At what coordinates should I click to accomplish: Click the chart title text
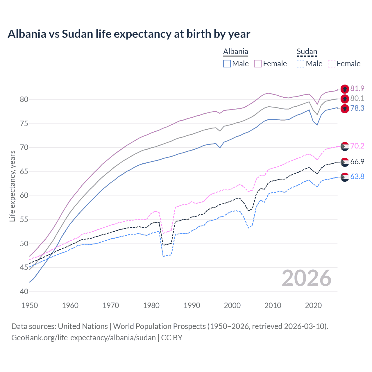point(129,34)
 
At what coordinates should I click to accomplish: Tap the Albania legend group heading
point(235,52)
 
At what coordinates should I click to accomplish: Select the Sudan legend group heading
point(307,52)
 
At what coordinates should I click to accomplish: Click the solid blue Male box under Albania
point(227,64)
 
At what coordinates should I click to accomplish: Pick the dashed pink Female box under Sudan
point(332,64)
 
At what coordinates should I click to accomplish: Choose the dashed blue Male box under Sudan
point(301,64)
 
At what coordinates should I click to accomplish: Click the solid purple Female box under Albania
point(258,64)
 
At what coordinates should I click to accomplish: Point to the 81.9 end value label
point(357,88)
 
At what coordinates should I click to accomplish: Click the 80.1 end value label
point(357,98)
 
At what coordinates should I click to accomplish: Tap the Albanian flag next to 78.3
point(345,109)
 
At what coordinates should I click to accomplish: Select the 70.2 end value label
point(357,146)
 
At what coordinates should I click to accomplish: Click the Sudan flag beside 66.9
point(345,162)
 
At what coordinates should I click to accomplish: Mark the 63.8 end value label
point(357,176)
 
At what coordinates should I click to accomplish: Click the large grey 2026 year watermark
point(306,278)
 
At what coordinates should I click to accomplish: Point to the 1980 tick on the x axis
point(151,305)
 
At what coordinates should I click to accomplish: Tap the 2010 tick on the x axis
point(273,305)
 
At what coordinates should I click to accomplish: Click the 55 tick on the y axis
point(24,219)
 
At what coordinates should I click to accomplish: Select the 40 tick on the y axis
point(24,291)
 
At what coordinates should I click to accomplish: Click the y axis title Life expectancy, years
point(12,186)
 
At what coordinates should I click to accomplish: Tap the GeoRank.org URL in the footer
point(83,338)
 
